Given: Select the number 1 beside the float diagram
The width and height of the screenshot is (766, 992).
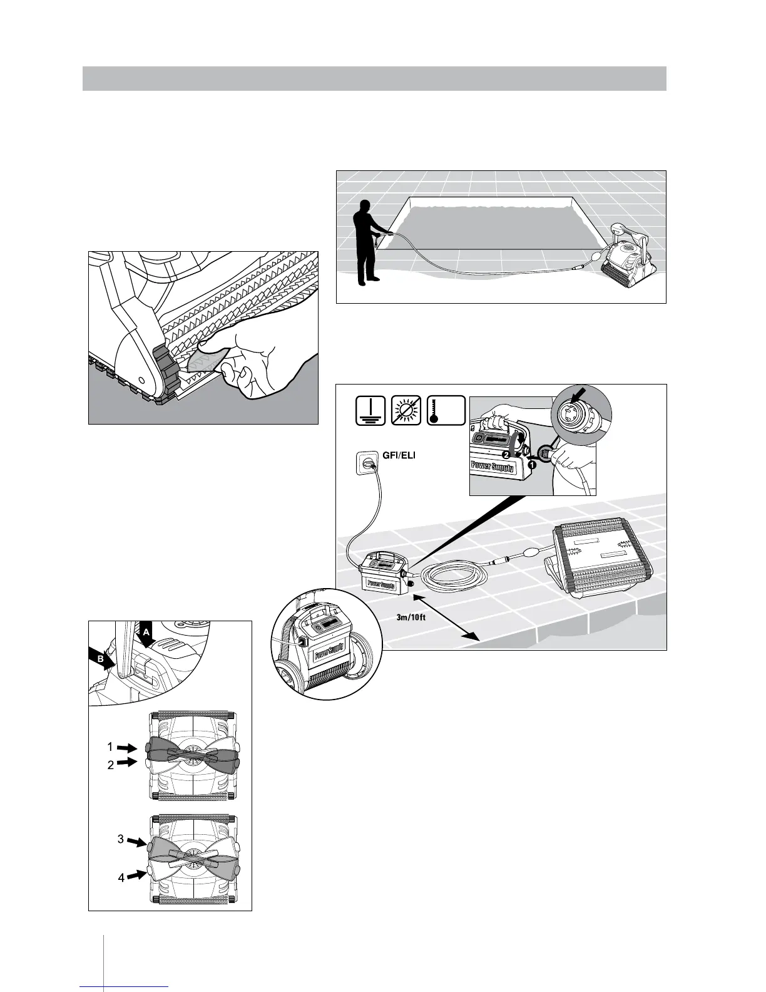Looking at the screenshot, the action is pos(110,747).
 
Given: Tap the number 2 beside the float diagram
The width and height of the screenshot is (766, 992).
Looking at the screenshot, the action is pos(110,765).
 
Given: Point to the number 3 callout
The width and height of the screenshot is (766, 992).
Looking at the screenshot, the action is pos(121,839).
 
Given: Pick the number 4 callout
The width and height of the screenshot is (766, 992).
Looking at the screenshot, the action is pos(121,878).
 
